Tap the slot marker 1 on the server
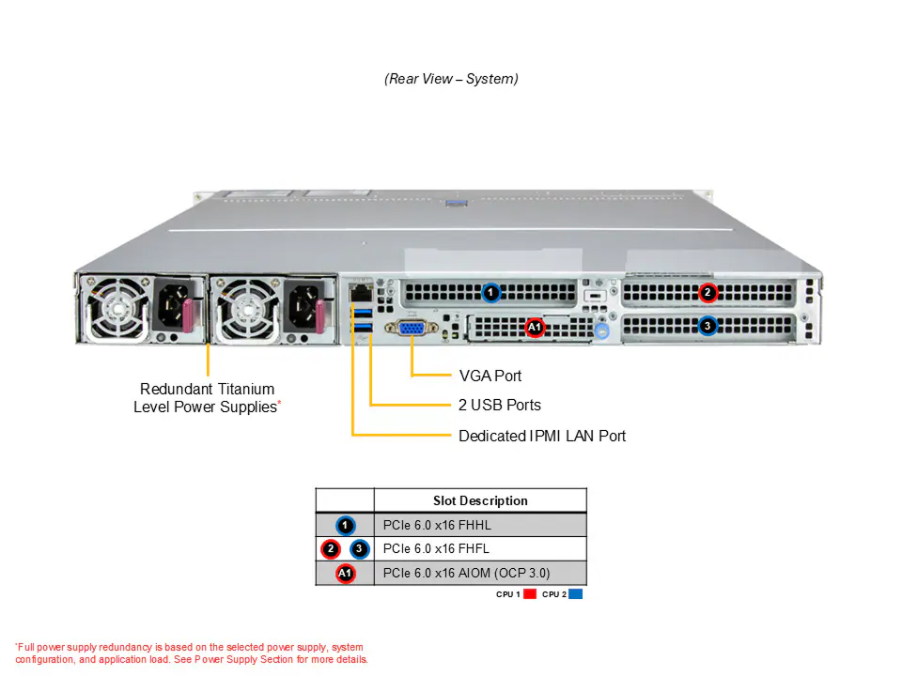[490, 293]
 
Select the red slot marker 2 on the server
[708, 293]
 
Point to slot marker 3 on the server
[708, 327]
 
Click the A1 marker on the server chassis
[535, 327]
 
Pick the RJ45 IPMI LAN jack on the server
[361, 293]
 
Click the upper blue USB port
[363, 313]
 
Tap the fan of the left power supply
[117, 309]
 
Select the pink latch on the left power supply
[187, 315]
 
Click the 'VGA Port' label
[490, 376]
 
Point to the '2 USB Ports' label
[499, 406]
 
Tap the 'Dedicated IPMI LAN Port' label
[542, 437]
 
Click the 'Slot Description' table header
[480, 500]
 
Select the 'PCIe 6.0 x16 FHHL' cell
[437, 526]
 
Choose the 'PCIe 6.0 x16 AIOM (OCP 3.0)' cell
[467, 573]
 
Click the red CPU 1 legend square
[530, 594]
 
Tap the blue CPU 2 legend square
[575, 594]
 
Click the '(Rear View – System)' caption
[451, 79]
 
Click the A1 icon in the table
[345, 574]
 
